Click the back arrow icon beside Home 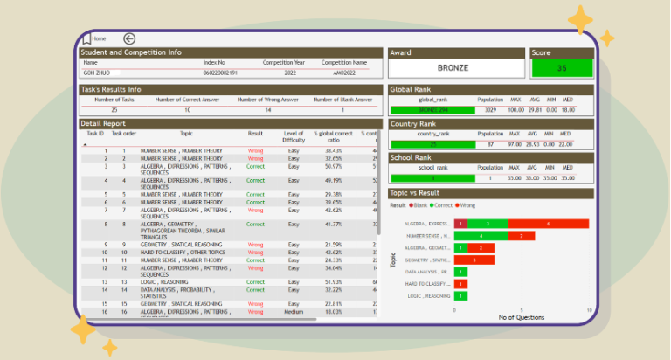pyautogui.click(x=129, y=38)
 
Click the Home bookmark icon pyautogui.click(x=86, y=38)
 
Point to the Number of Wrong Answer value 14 pyautogui.click(x=268, y=110)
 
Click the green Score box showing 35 pyautogui.click(x=562, y=68)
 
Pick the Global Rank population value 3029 pyautogui.click(x=490, y=110)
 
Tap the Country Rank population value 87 pyautogui.click(x=490, y=143)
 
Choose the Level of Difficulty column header pyautogui.click(x=294, y=136)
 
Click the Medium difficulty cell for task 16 pyautogui.click(x=294, y=311)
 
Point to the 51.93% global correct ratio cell pyautogui.click(x=333, y=282)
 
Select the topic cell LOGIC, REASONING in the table pyautogui.click(x=163, y=282)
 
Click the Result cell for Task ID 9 pyautogui.click(x=255, y=244)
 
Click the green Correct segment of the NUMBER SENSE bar pyautogui.click(x=480, y=236)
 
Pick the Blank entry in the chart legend pyautogui.click(x=420, y=204)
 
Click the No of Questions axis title pyautogui.click(x=521, y=317)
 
